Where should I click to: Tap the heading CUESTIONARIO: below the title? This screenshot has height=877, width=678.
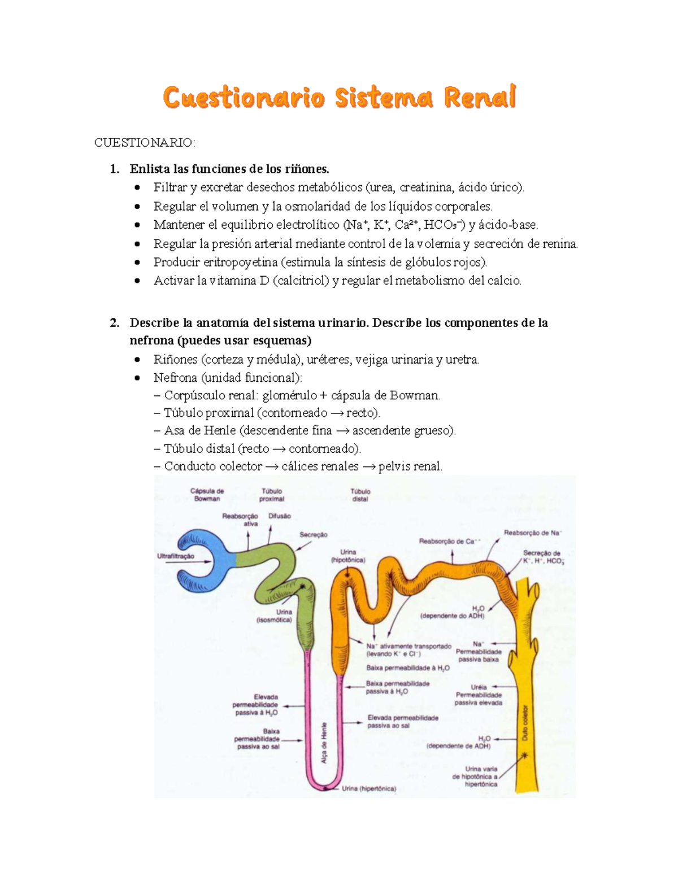coord(145,142)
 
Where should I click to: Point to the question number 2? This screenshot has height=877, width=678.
coord(114,323)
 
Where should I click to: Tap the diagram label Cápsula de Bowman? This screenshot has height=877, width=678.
coord(207,495)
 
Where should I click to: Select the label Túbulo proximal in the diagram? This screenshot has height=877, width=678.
coord(272,495)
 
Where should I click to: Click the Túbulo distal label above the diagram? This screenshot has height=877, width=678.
coord(360,495)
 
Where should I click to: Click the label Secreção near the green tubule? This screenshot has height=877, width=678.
coord(314,535)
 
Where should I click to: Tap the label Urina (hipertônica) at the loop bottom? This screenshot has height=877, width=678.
coord(369,788)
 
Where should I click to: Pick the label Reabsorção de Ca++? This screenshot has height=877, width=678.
coord(450,541)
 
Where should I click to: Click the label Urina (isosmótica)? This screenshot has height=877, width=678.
coord(274,616)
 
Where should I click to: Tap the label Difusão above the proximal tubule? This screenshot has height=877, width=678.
coord(280,516)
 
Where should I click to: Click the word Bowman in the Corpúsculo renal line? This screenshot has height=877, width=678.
coord(415,395)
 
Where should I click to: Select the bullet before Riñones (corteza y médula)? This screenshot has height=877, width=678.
coord(138,360)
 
